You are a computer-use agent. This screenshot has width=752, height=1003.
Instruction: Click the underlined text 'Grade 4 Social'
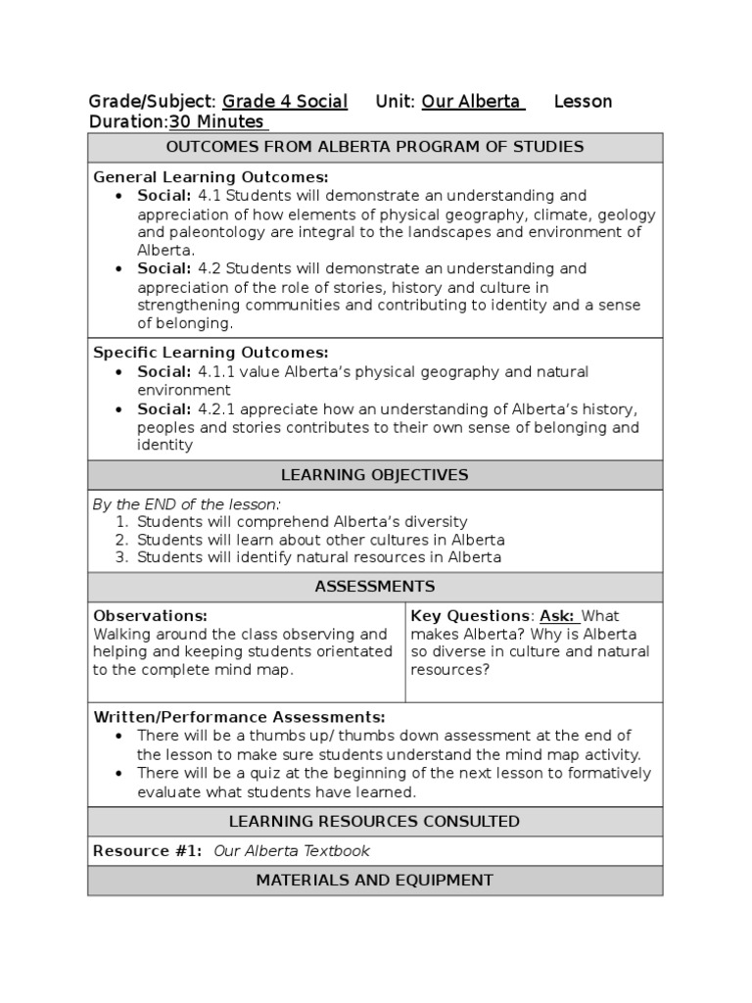tap(285, 102)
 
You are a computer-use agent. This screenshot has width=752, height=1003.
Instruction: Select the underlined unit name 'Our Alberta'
tap(473, 102)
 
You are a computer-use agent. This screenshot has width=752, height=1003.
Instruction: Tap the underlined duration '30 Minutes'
tap(216, 122)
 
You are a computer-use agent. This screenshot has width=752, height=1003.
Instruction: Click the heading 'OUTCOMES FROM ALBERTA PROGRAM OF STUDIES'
tap(375, 147)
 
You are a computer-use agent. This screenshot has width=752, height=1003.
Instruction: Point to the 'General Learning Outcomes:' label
tap(211, 177)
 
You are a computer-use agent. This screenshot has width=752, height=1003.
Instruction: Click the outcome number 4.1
tap(209, 196)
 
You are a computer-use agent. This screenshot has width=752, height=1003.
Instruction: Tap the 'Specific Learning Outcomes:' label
tap(211, 353)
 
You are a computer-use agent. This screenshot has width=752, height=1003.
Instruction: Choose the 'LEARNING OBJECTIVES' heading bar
tap(375, 475)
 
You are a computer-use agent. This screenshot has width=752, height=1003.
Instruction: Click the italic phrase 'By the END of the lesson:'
tap(186, 504)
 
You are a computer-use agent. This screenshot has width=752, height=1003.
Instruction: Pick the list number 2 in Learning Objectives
tap(121, 540)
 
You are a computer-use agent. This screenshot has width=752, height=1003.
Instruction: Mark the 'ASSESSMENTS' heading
tap(375, 587)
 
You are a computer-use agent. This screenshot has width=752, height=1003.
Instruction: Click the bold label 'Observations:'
tap(150, 616)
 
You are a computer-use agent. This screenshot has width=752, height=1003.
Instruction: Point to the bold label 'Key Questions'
tap(469, 616)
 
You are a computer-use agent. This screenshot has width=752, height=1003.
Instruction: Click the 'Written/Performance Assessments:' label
tap(239, 717)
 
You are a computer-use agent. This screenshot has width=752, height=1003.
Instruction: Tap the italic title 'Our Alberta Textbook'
tap(292, 851)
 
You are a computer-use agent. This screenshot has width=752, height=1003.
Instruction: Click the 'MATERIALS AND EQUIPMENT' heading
tap(375, 881)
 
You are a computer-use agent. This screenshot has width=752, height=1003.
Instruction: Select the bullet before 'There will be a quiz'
tap(118, 774)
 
